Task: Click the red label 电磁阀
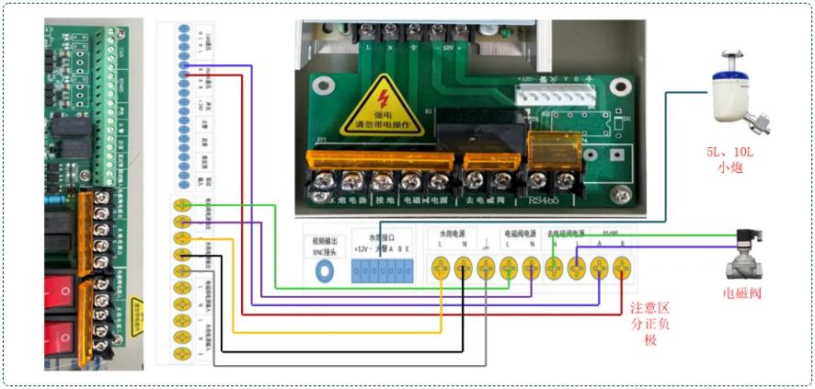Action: pos(742,294)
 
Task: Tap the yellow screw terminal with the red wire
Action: pos(621,268)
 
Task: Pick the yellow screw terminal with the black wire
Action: pos(463,268)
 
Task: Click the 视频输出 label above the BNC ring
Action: pos(326,238)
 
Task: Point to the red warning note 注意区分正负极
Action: pos(653,323)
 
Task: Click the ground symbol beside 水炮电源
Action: pos(485,247)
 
